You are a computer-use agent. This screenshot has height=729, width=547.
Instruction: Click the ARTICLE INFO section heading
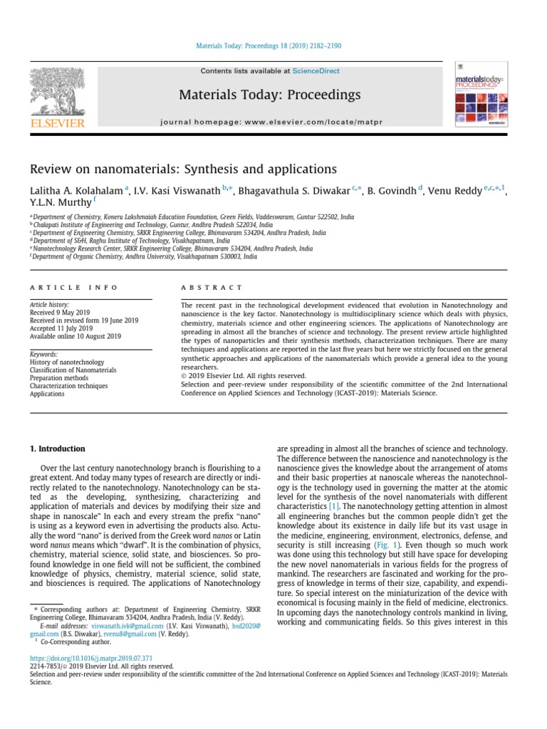coord(63,287)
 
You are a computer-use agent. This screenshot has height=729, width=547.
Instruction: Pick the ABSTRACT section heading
coord(212,287)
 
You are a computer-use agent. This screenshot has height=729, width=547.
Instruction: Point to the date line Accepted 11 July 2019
coord(61,328)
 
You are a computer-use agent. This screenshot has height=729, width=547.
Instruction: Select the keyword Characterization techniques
coord(68,386)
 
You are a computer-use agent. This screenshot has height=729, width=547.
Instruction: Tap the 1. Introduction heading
coord(57,449)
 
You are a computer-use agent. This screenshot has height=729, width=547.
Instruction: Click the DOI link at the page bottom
coord(91,658)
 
